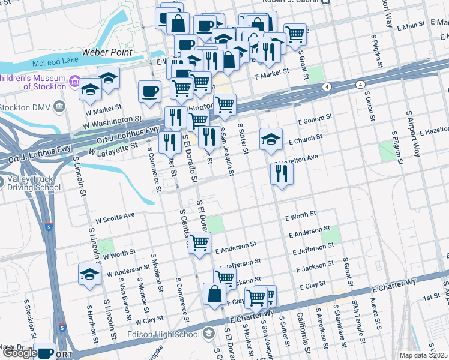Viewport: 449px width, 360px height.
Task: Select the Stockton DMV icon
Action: pos(59,107)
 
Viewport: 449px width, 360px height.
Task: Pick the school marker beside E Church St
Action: pos(271,139)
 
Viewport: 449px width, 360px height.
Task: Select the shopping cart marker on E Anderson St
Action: pos(199,242)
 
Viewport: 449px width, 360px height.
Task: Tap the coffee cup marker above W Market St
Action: pos(149,91)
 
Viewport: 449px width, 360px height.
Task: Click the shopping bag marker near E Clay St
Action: pos(214,294)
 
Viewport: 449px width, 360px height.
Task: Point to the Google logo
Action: pos(20,353)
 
